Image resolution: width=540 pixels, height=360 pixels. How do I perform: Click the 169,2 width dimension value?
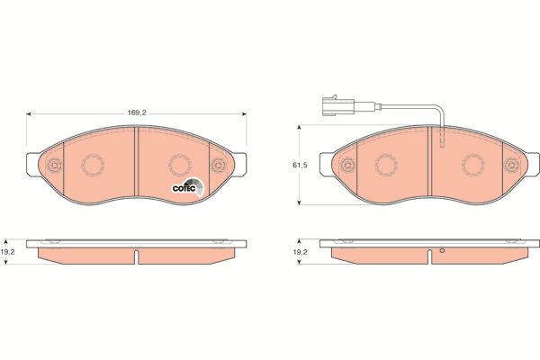tap(137, 112)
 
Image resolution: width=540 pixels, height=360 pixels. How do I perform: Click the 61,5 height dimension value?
tap(300, 166)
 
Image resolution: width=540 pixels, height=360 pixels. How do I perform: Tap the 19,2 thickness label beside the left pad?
tap(7, 252)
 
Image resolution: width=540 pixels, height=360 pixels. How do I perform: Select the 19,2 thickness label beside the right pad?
tap(301, 252)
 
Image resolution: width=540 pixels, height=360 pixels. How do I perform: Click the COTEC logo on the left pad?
tap(188, 187)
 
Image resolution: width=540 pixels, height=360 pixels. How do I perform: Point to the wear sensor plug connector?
tap(338, 105)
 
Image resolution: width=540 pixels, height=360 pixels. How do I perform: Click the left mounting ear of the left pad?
tap(33, 165)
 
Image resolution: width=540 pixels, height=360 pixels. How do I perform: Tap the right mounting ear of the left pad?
tap(240, 165)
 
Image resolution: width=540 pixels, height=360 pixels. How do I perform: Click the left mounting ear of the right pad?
tap(326, 165)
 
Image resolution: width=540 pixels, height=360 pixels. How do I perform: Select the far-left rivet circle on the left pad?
tap(54, 166)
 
